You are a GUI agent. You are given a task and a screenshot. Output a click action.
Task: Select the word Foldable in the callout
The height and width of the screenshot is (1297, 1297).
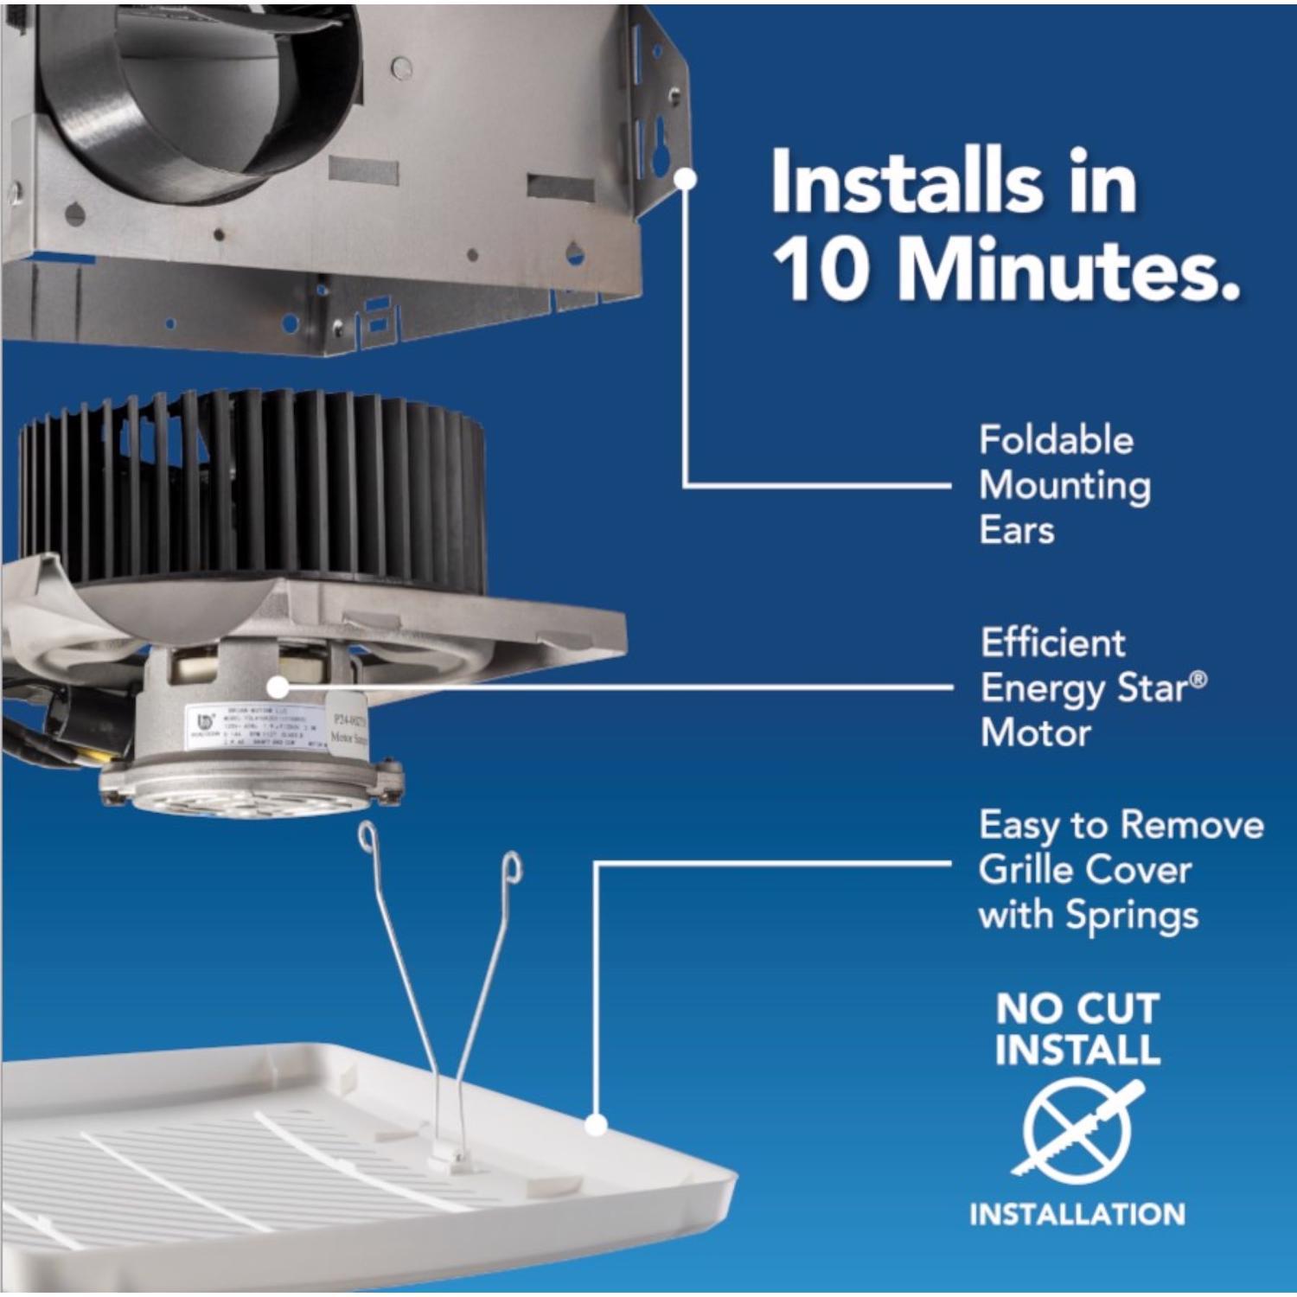click(x=1056, y=440)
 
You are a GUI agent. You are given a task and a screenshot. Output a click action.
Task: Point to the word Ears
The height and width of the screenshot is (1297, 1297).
click(x=1017, y=530)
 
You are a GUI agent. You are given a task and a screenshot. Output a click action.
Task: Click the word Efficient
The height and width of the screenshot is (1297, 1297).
click(x=1053, y=643)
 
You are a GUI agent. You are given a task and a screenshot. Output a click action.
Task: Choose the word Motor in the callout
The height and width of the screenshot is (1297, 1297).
click(x=1036, y=733)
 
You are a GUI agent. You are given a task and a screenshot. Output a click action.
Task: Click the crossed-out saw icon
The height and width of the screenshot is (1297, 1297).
click(x=1077, y=1129)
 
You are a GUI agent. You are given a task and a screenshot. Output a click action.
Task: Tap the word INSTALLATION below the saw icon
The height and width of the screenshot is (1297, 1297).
click(x=1077, y=1214)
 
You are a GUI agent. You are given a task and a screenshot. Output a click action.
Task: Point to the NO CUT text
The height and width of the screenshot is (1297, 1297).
click(x=1077, y=1008)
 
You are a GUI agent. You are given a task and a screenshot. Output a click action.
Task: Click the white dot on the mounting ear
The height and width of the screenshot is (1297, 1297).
click(x=686, y=178)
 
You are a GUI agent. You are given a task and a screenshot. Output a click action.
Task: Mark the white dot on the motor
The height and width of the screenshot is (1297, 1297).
click(x=278, y=687)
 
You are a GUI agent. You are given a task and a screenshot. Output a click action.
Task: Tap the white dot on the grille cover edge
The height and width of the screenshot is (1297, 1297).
click(x=595, y=1125)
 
